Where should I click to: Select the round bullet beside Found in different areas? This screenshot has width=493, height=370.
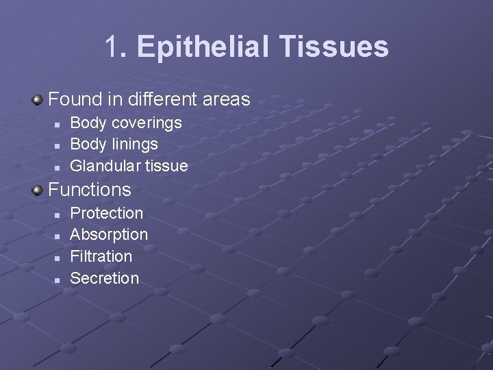tap(37, 100)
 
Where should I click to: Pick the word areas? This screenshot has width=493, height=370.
tap(226, 100)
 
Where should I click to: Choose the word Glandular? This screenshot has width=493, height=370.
tap(105, 166)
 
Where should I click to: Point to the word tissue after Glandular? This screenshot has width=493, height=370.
tap(166, 166)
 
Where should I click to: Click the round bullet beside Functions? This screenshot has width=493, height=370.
tap(37, 190)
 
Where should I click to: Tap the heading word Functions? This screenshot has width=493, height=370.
tap(89, 190)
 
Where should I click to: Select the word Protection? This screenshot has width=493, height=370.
tap(107, 214)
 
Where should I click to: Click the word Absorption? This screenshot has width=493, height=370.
tap(109, 235)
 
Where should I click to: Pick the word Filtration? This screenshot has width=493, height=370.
tap(101, 257)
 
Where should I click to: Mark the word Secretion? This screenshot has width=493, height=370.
tap(105, 278)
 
